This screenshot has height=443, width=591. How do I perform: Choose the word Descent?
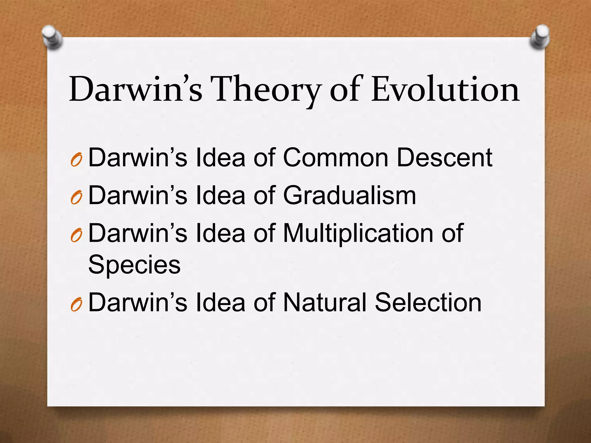[445, 158]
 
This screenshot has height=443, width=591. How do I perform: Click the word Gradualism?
[349, 196]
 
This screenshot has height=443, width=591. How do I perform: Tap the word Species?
[134, 264]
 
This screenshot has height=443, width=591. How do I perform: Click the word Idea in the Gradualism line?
[220, 196]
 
